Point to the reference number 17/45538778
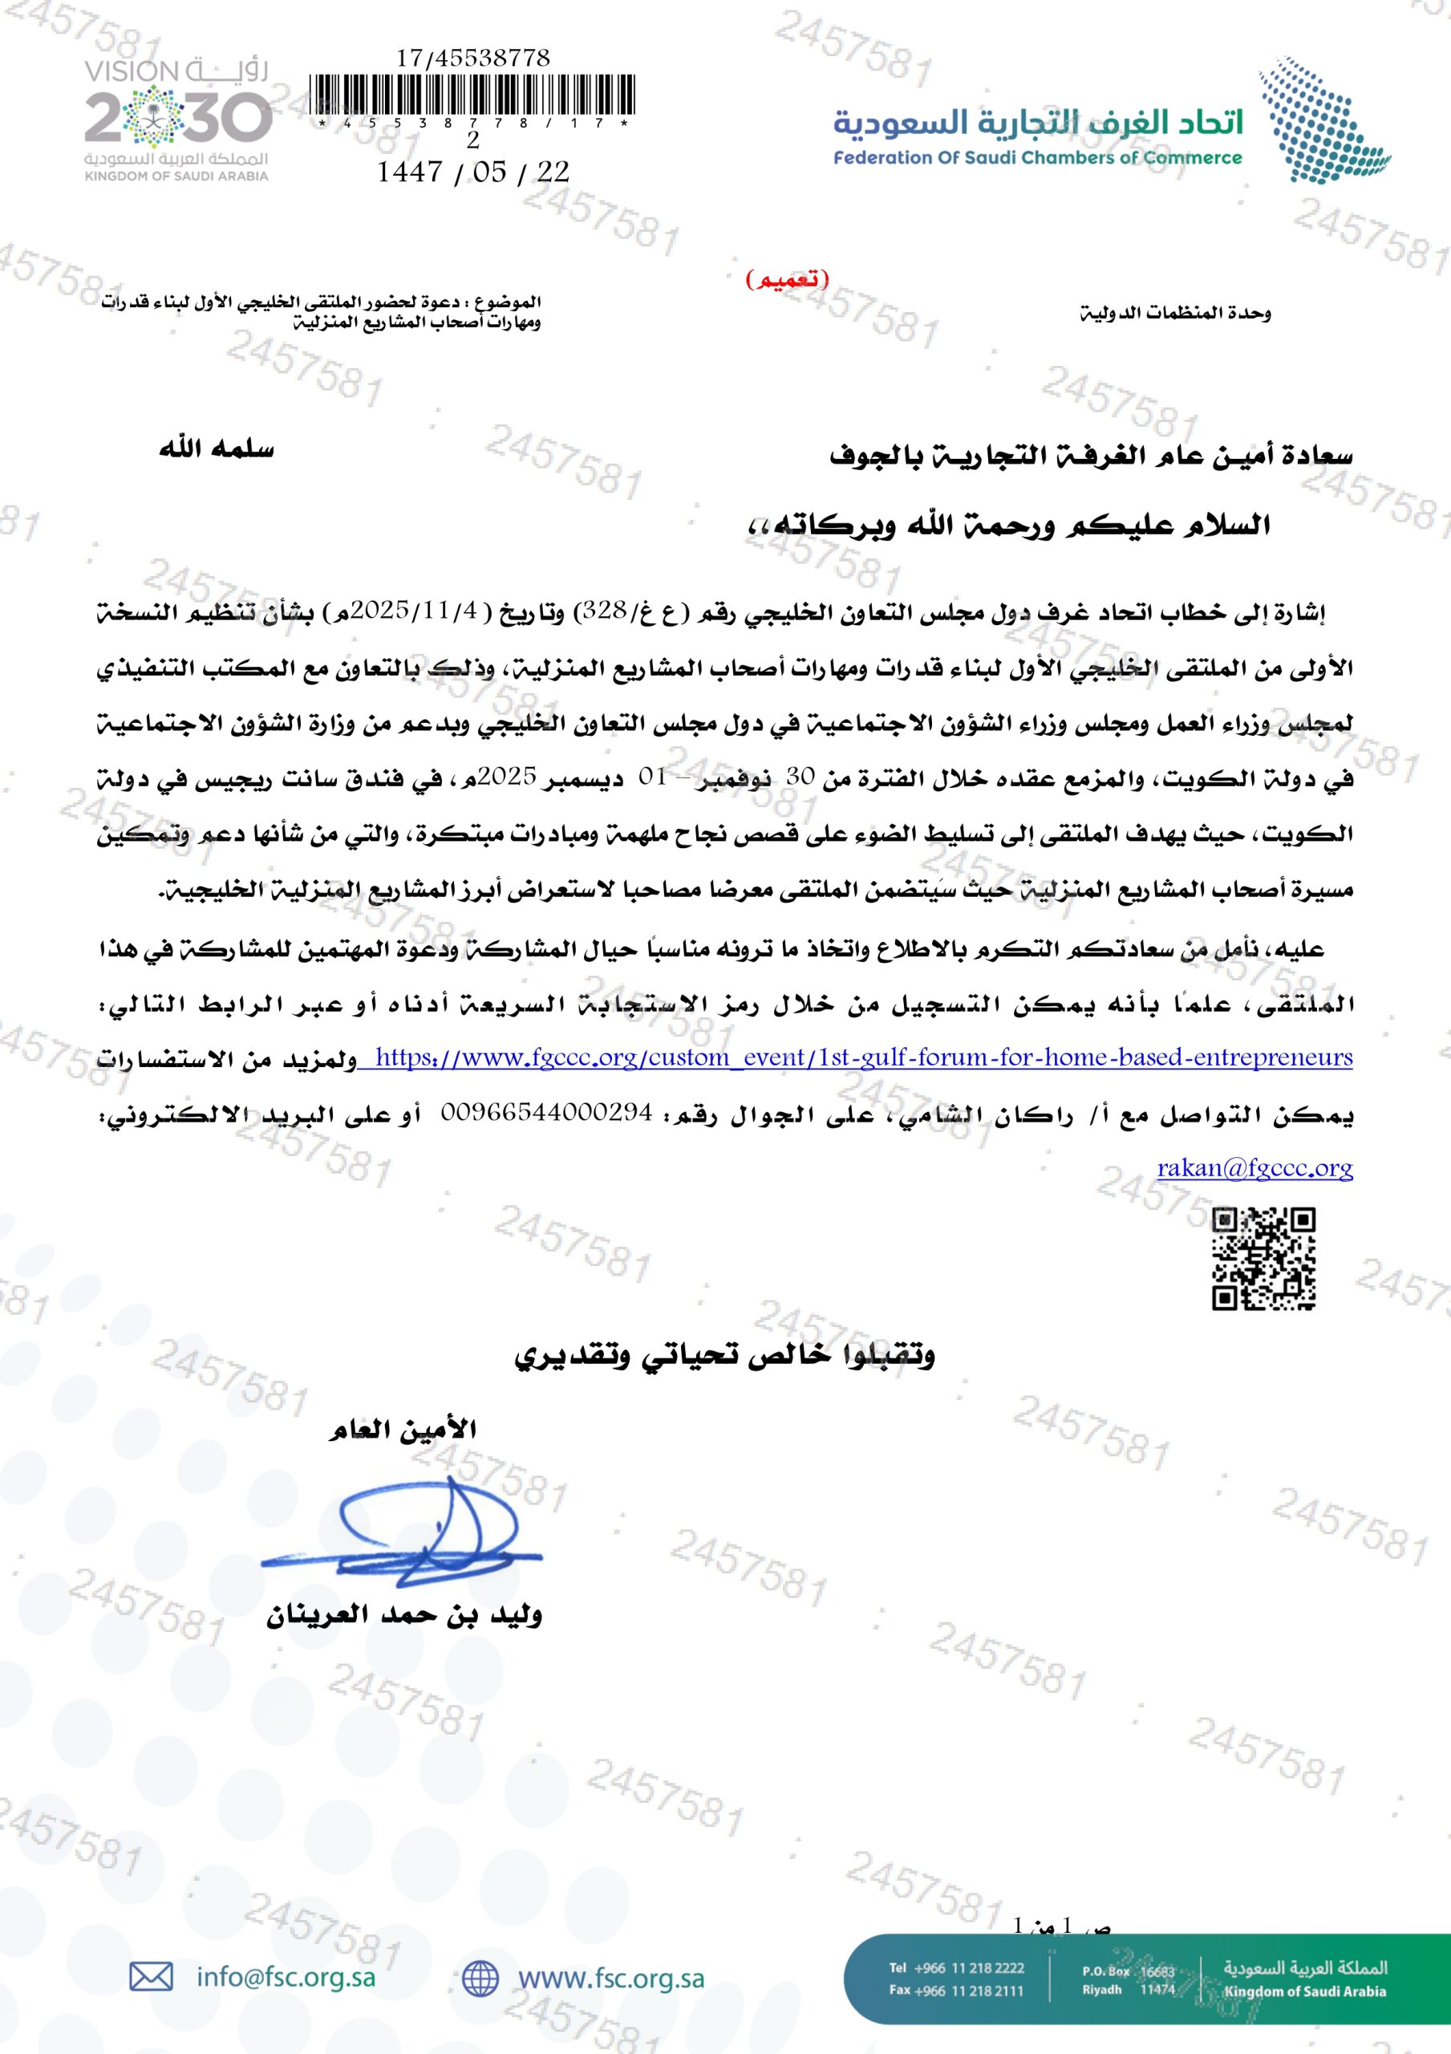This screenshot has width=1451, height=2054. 473,58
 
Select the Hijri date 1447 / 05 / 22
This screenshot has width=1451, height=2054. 473,172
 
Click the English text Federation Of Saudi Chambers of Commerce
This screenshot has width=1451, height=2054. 1038,158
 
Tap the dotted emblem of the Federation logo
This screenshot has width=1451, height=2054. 1322,119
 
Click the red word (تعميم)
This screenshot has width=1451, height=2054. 787,280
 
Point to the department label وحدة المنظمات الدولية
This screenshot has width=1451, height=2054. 1174,313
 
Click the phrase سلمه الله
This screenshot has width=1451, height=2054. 217,449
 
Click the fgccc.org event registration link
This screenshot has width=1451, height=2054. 863,1058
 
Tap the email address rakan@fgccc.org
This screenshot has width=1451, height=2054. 1254,1168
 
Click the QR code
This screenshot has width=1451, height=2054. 1263,1259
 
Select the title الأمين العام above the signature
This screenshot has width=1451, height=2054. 403,1430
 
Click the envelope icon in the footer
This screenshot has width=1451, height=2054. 151,1977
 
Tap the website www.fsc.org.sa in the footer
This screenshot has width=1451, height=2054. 611,1978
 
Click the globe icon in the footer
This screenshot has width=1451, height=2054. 480,1978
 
